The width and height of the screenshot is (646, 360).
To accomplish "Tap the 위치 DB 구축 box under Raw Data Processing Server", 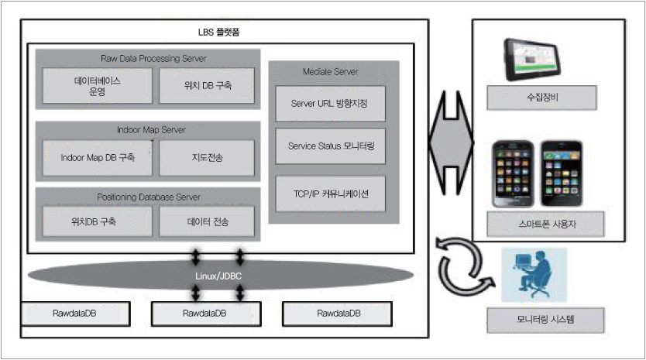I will [x=207, y=85].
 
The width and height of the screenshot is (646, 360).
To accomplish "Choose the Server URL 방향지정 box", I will [x=330, y=103].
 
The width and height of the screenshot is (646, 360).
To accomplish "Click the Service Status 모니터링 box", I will [x=330, y=146].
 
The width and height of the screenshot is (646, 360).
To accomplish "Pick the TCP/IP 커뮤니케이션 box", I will [x=330, y=194].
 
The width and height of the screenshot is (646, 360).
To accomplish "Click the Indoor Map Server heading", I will [x=146, y=130].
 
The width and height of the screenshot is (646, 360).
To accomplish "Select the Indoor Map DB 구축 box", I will [x=97, y=157].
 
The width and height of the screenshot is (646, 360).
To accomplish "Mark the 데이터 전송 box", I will [x=207, y=221].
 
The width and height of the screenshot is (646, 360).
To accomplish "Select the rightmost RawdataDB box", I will [x=338, y=314].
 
